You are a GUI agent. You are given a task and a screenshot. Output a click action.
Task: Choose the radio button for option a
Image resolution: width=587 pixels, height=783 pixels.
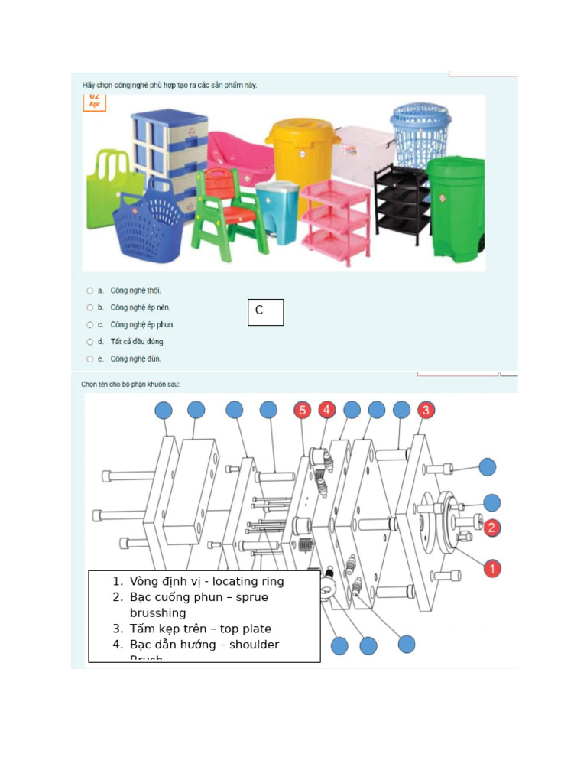89,291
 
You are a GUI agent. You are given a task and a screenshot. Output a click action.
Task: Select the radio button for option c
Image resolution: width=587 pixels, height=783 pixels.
89,325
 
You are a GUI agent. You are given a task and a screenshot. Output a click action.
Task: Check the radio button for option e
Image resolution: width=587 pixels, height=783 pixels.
89,359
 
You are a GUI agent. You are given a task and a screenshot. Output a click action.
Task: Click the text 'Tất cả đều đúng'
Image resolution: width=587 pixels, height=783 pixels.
138,342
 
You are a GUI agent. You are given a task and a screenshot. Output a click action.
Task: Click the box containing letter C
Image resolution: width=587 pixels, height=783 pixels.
265,312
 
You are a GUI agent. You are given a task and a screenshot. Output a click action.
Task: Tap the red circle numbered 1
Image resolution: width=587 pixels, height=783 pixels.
493,568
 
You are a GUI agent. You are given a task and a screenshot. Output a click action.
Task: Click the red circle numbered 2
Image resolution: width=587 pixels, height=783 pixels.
491,527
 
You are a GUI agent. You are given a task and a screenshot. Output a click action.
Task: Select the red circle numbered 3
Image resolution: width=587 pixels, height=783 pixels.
426,410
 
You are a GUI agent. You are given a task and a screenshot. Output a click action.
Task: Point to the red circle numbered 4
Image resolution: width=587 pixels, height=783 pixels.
326,410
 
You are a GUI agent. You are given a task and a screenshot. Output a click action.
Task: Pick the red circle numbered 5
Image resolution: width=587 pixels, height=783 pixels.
303,410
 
